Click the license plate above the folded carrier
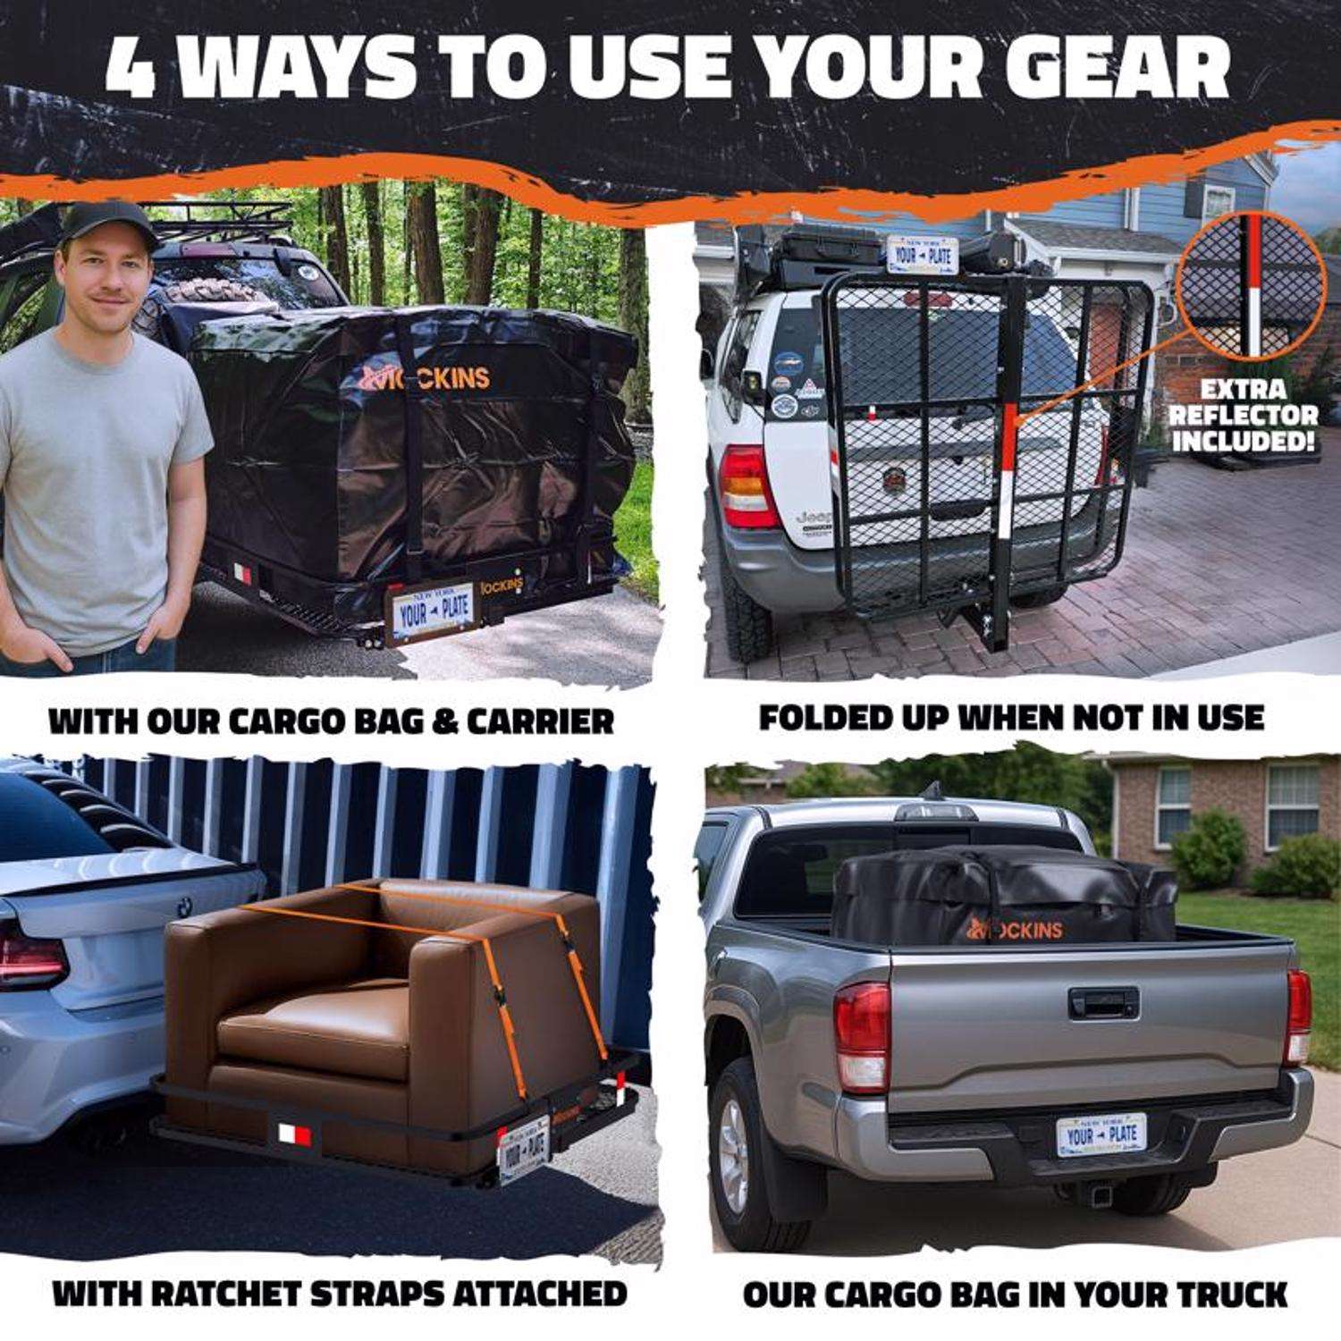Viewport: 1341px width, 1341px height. pos(921,255)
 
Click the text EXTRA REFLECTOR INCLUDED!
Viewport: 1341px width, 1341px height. pos(1244,415)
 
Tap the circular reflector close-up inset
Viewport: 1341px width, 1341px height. pos(1251,287)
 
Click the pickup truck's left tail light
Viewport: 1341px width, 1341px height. pos(862,1037)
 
